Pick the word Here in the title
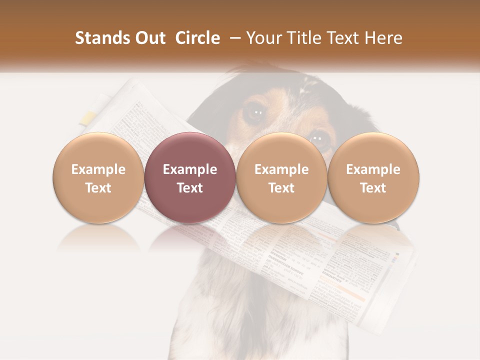coord(383,38)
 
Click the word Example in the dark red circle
coord(190,169)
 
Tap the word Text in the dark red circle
coord(190,188)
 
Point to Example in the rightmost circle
coord(373,169)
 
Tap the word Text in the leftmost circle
coord(98,188)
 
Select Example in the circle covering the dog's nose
coord(281,169)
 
